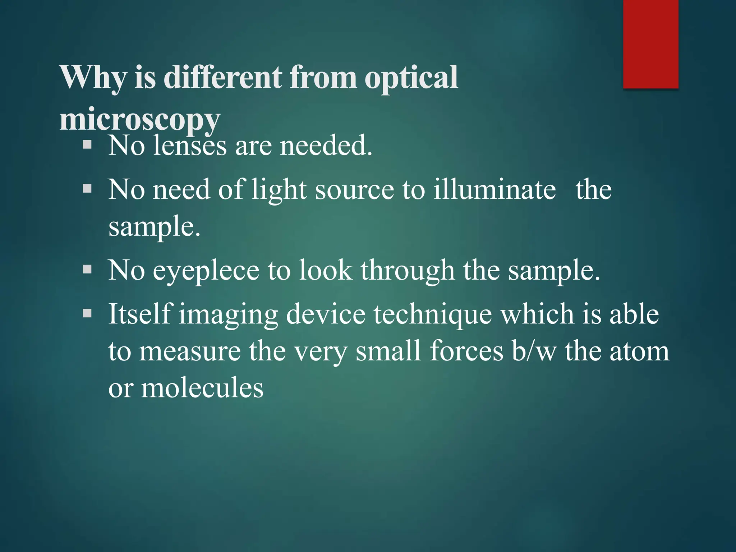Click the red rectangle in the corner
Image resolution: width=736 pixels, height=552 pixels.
pyautogui.click(x=650, y=44)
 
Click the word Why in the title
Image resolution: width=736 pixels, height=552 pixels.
pyautogui.click(x=93, y=78)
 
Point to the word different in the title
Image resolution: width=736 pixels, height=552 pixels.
pyautogui.click(x=223, y=77)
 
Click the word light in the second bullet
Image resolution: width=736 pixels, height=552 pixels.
pyautogui.click(x=279, y=190)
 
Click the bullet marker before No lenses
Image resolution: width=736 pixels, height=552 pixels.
pyautogui.click(x=87, y=145)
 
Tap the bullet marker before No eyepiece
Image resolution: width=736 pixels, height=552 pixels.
pyautogui.click(x=87, y=270)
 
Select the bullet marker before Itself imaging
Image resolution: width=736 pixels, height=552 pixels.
pyautogui.click(x=87, y=313)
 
